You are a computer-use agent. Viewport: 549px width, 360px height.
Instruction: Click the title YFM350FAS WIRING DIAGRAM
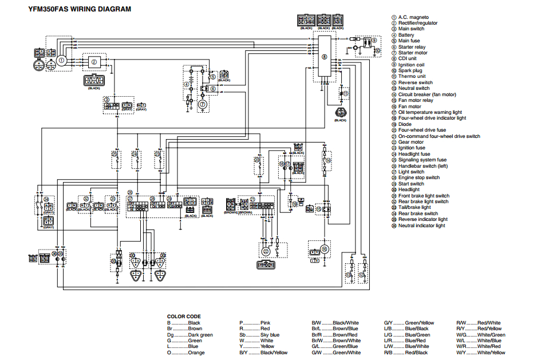[80, 9]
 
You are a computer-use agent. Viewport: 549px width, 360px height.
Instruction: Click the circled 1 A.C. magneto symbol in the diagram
[61, 60]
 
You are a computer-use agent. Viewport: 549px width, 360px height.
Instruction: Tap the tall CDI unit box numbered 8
[324, 57]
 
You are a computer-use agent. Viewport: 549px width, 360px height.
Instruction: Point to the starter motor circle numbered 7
[202, 104]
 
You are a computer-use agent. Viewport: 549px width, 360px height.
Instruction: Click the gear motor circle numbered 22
[266, 251]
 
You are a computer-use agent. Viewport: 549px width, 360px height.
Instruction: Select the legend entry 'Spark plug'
[410, 70]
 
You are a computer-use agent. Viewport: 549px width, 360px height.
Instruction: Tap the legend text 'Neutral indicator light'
[421, 226]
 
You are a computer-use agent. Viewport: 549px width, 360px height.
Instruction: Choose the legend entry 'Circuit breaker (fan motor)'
[427, 94]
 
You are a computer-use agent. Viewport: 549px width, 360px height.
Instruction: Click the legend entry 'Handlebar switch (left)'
[423, 166]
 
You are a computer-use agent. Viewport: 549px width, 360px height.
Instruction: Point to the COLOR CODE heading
[184, 317]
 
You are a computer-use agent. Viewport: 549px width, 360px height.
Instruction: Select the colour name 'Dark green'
[200, 335]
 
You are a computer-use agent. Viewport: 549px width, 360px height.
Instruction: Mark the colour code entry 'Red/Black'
[417, 353]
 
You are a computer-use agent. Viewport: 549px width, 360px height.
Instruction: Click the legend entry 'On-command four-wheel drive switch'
[439, 136]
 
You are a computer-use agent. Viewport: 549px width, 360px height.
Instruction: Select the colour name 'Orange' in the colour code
[196, 353]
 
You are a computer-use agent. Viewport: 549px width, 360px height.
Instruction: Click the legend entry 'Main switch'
[411, 29]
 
